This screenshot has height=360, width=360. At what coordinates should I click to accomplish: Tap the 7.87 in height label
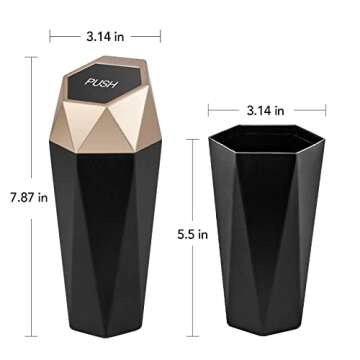[x=29, y=197]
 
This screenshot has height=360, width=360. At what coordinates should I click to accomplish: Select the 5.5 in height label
[x=194, y=236]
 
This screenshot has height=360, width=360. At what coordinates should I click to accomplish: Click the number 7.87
[x=23, y=197]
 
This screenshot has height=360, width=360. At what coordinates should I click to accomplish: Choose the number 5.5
[x=188, y=236]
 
